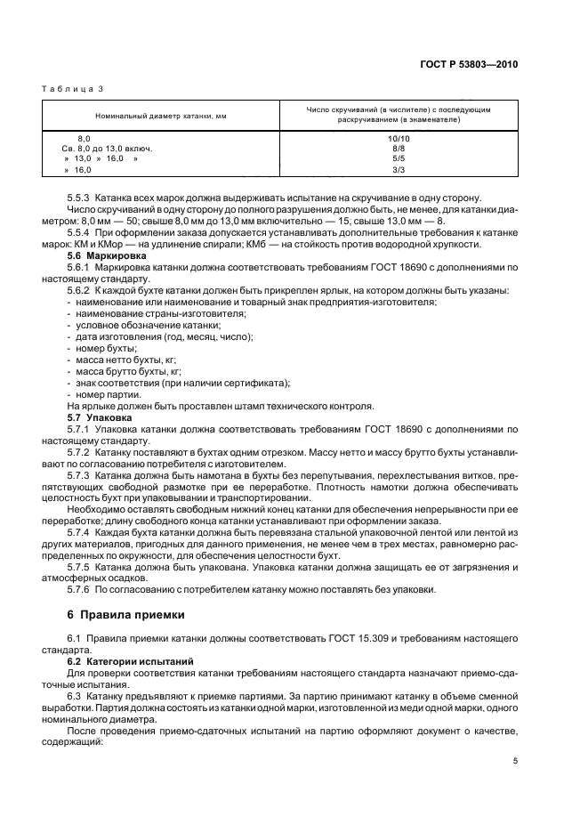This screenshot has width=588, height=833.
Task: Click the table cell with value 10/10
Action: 399,139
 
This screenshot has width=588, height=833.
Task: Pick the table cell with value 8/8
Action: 399,149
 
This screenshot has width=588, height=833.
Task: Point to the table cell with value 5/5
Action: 399,158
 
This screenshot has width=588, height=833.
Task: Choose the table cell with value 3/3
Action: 399,168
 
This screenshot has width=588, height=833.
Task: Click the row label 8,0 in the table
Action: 85,139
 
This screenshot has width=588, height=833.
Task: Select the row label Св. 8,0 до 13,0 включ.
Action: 108,149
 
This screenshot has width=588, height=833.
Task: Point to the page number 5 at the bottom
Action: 516,760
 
